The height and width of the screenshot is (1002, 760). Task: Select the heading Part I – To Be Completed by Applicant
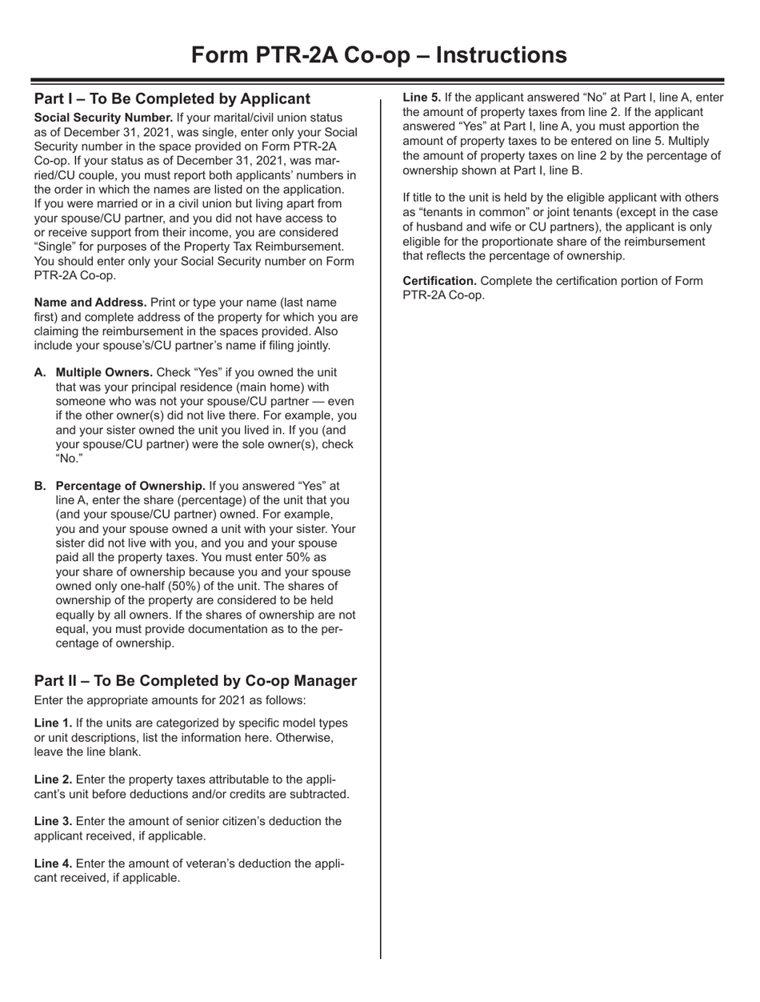172,99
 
